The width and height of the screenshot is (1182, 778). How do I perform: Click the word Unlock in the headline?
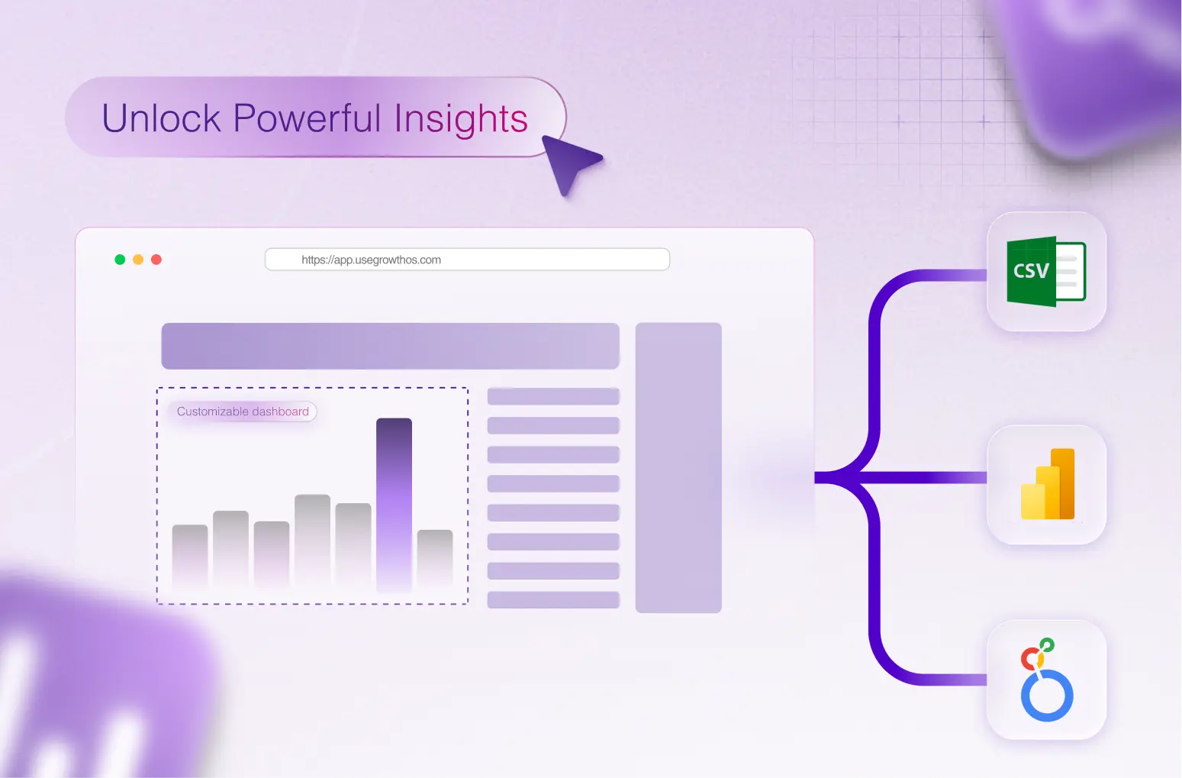[x=161, y=119]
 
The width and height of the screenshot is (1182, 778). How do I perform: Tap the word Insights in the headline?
[x=461, y=119]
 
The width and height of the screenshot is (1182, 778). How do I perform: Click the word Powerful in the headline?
[x=307, y=119]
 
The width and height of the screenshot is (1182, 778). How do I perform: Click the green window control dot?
[x=120, y=260]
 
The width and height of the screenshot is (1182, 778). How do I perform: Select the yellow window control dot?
[x=138, y=260]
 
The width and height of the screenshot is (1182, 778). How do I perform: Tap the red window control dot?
[x=156, y=260]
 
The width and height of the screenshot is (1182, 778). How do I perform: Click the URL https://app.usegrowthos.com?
[x=371, y=260]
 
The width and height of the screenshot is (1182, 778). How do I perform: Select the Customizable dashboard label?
[x=243, y=412]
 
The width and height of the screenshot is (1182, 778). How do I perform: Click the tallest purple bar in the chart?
[x=394, y=504]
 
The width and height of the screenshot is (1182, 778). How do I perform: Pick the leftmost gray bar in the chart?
[x=190, y=556]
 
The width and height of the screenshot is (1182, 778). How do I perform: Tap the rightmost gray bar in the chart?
[x=435, y=557]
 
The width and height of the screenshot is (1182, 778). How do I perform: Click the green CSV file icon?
[x=1046, y=272]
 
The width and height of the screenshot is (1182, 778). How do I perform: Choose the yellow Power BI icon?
[x=1048, y=485]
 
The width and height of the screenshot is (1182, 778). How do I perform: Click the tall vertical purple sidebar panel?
[x=678, y=467]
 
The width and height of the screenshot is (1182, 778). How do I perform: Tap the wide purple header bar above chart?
[x=390, y=346]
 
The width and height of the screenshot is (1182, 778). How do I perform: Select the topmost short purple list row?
[x=553, y=396]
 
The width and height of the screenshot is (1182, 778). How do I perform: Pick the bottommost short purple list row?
[x=553, y=600]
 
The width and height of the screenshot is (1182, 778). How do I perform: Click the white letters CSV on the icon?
[x=1031, y=271]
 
